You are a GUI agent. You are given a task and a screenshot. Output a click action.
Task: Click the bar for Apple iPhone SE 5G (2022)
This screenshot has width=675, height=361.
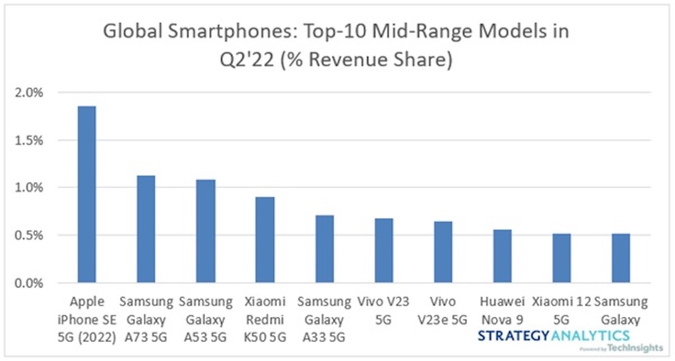pyautogui.click(x=86, y=194)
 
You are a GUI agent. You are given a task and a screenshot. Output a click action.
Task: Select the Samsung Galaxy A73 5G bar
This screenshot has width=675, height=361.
pyautogui.click(x=146, y=229)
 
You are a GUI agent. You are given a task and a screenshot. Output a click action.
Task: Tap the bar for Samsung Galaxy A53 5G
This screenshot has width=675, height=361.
pyautogui.click(x=205, y=231)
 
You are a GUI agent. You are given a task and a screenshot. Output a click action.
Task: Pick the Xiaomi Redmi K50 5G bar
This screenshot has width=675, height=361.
pyautogui.click(x=264, y=240)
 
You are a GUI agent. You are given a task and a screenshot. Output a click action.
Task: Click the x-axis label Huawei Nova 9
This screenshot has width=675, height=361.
pyautogui.click(x=502, y=311)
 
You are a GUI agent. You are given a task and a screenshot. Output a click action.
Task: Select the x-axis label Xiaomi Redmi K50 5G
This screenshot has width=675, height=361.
pyautogui.click(x=264, y=320)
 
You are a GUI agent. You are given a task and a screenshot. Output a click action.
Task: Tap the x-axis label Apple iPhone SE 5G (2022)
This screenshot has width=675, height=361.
pyautogui.click(x=86, y=320)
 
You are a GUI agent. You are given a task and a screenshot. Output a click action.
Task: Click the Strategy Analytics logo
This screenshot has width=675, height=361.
pyautogui.click(x=554, y=337)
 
